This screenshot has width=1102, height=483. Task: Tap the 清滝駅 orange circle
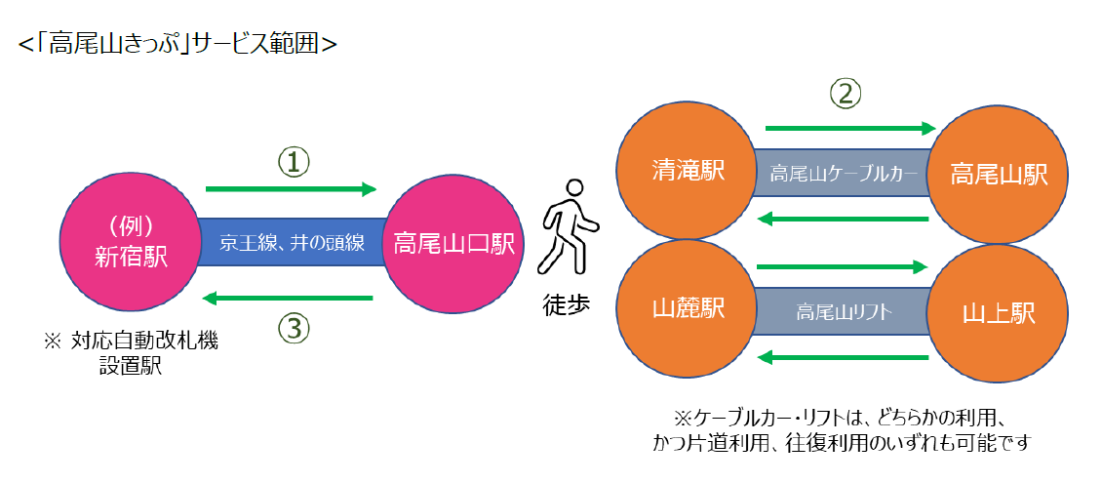pyautogui.click(x=688, y=172)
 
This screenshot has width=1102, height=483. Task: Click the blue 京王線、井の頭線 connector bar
pyautogui.click(x=293, y=243)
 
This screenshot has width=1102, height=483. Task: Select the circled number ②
pyautogui.click(x=846, y=94)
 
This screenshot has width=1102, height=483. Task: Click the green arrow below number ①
pyautogui.click(x=291, y=189)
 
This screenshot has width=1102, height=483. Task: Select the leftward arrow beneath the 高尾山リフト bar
pyautogui.click(x=843, y=358)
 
